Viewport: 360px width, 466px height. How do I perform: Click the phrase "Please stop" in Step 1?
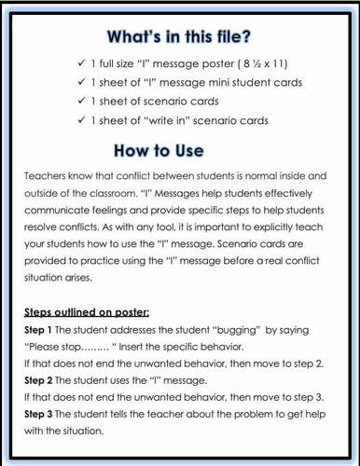click(x=55, y=346)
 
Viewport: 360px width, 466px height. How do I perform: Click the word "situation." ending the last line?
click(x=81, y=431)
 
